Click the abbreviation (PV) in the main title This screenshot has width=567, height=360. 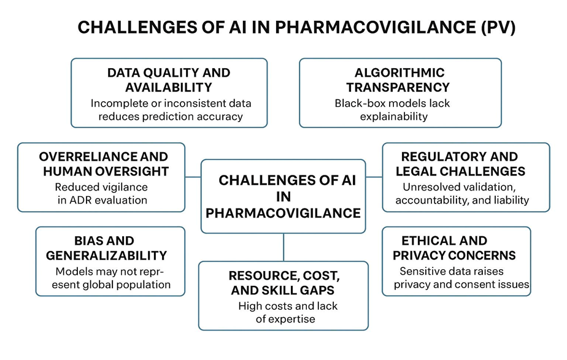coord(498,28)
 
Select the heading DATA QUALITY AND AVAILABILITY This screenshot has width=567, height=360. coord(169,80)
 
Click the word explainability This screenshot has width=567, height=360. coord(394,117)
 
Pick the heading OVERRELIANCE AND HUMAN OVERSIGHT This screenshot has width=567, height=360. coord(104,164)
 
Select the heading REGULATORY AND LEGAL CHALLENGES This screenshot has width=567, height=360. coord(460,164)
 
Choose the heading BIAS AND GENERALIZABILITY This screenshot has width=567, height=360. coord(106,248)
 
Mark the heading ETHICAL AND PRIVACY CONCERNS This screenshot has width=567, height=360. coord(454,248)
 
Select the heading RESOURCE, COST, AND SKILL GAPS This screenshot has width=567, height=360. coord(284,283)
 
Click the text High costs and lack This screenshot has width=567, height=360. coord(288,306)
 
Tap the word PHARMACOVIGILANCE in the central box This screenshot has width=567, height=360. coord(283,213)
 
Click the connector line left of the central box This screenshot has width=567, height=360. coord(193,177)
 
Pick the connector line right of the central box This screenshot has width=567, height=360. coord(374,177)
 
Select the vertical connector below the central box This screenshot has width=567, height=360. coord(283,247)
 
